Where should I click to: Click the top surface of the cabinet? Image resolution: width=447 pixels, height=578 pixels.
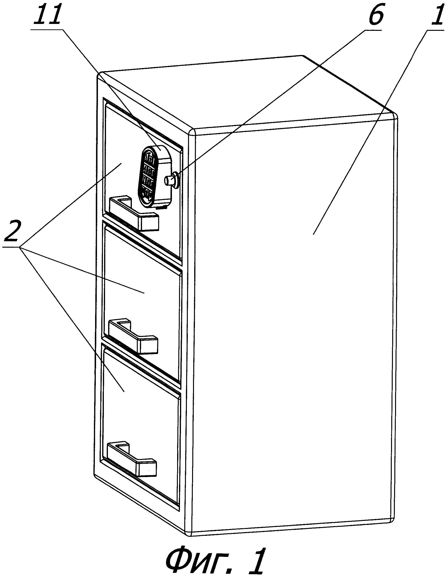[246, 93]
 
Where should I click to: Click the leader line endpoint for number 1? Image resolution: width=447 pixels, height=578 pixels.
[313, 234]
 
